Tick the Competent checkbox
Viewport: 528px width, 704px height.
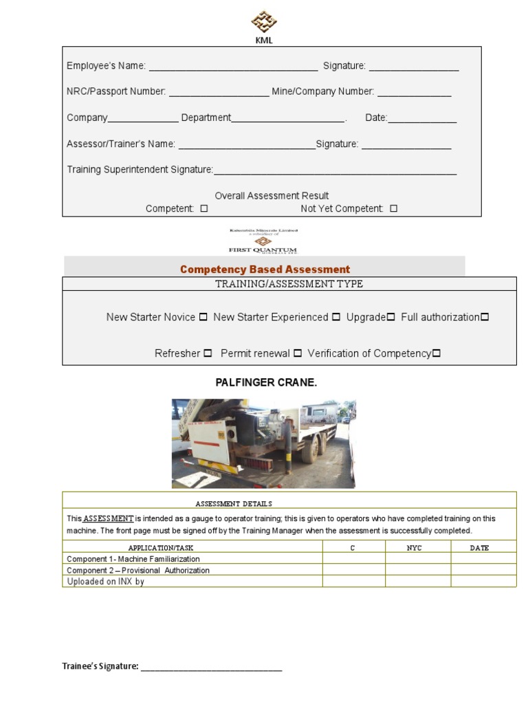pos(203,208)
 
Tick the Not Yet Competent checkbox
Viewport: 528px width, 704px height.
pos(393,208)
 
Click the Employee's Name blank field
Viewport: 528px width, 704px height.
pos(233,67)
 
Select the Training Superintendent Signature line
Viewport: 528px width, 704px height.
pos(335,170)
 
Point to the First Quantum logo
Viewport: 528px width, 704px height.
pos(263,241)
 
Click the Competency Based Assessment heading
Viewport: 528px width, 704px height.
pos(265,269)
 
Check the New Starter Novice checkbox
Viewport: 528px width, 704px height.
pos(203,317)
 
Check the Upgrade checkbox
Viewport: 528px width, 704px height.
pos(390,317)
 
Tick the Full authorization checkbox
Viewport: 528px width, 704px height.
pos(485,317)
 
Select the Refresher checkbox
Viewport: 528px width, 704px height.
pos(208,353)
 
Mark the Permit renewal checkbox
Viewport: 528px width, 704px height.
pos(298,353)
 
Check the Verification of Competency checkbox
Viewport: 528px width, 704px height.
pos(436,353)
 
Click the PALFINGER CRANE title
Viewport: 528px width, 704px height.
pos(266,382)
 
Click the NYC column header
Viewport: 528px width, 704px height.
pos(414,548)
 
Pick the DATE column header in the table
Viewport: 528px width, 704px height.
pos(479,548)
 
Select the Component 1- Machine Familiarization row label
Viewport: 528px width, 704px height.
pos(133,559)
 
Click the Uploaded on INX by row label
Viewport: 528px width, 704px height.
pos(105,582)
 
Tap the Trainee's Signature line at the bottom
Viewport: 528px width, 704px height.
pos(211,666)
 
